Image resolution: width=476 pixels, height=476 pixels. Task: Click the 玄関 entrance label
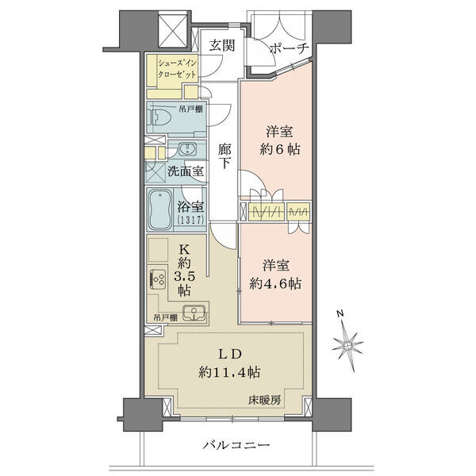coord(222,46)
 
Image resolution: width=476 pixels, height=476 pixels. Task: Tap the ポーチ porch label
coord(289,49)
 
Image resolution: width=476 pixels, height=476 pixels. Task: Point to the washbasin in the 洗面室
coord(188,149)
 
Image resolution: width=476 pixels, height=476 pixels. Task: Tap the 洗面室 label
coord(186,171)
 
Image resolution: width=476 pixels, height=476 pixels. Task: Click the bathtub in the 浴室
coord(160,209)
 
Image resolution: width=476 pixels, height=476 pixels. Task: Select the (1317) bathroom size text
coord(190,219)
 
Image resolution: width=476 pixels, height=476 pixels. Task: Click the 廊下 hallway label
coord(225,156)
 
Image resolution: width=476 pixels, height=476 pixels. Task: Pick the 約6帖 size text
coord(280,150)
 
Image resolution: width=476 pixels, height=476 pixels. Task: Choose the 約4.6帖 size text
coord(275,284)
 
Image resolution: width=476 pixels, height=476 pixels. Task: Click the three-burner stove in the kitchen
coord(158,279)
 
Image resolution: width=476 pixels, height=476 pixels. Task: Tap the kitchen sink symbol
coord(194,313)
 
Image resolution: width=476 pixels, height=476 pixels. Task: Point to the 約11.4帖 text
coord(229,372)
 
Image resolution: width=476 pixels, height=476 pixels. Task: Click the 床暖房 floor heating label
coord(264,401)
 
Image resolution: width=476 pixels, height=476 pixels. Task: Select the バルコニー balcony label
coord(236,445)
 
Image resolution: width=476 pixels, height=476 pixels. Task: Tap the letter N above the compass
coord(340,313)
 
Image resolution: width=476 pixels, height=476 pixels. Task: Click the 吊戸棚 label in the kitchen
coord(166,318)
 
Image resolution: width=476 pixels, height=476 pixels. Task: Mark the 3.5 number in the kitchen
coord(184,276)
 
